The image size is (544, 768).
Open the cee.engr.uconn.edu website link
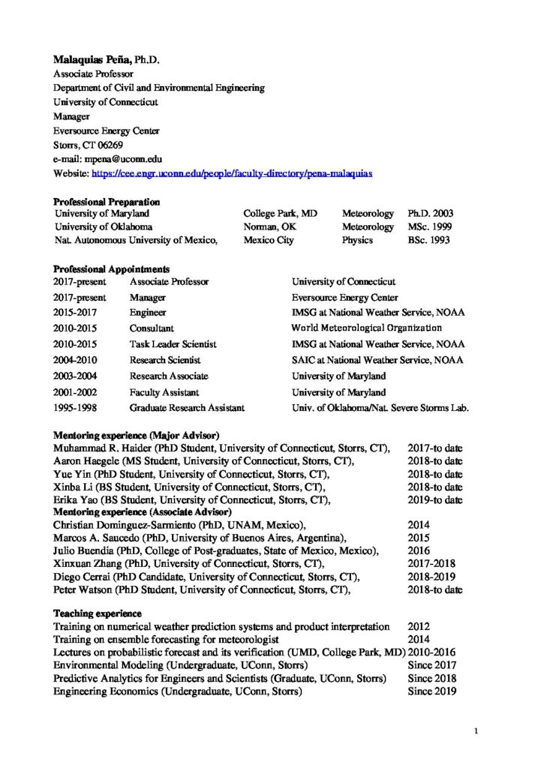point(232,173)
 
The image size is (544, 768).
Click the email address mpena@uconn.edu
point(120,159)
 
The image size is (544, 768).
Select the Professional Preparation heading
point(106,202)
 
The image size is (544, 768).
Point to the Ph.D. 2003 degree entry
point(430,214)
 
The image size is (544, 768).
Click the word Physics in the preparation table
point(358,240)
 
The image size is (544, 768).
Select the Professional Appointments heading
point(111,268)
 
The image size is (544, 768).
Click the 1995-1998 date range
point(80,408)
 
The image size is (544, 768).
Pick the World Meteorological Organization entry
point(366,328)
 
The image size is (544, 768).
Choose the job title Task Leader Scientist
point(173,344)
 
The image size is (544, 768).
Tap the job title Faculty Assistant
point(164,392)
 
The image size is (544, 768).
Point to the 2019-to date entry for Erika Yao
point(434,500)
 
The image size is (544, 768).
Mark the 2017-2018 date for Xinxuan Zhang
point(431,563)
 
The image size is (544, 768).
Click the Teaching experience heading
point(97,613)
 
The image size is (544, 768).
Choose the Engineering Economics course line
point(177,691)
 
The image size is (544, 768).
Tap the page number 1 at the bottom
point(477,730)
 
